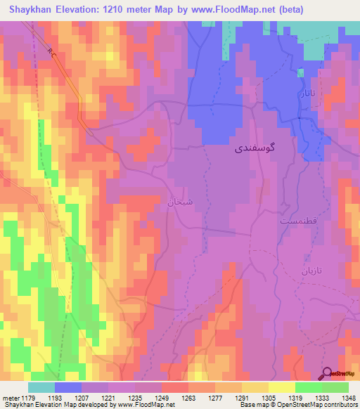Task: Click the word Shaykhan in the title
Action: (27, 9)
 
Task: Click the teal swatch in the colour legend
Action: (41, 387)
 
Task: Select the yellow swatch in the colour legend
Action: (282, 387)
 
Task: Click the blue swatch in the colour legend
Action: (68, 387)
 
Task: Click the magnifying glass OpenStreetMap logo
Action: (328, 373)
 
